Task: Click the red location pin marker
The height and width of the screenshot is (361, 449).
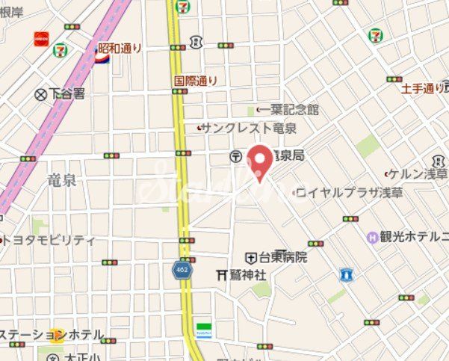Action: click(259, 160)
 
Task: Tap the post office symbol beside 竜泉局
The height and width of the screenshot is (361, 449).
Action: click(236, 155)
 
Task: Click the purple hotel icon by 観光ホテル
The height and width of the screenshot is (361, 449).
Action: click(372, 237)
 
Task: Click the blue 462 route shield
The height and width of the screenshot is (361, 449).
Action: click(182, 271)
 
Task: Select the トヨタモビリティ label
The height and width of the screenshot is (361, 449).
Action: click(51, 240)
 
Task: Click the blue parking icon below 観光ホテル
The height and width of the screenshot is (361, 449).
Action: click(346, 274)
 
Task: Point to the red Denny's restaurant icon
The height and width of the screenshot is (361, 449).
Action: click(40, 37)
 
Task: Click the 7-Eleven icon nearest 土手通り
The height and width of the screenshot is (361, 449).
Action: click(376, 35)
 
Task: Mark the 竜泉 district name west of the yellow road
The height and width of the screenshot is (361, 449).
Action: click(61, 180)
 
